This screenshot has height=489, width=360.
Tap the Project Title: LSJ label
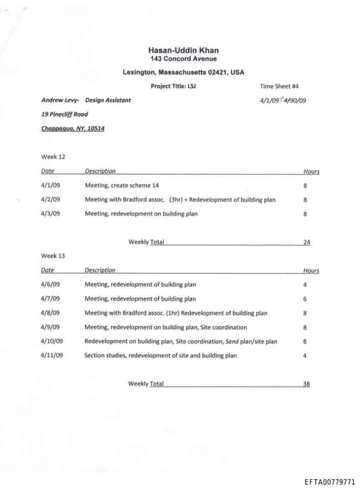click(x=173, y=86)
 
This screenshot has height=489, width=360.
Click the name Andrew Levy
click(x=59, y=100)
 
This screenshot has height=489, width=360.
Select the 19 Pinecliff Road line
click(x=65, y=114)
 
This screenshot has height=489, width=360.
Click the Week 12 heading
click(x=53, y=157)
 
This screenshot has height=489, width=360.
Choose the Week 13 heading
click(x=53, y=256)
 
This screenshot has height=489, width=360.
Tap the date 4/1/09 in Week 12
click(x=50, y=185)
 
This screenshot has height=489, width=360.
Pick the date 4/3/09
click(x=50, y=214)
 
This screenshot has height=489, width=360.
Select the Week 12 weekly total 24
click(x=307, y=242)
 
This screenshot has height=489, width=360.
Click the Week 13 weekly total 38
click(x=307, y=384)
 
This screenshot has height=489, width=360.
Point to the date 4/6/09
click(x=50, y=285)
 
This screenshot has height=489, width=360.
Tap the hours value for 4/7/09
click(x=305, y=299)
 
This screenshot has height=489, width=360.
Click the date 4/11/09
click(x=51, y=356)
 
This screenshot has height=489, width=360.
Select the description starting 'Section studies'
click(x=160, y=356)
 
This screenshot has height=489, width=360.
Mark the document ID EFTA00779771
click(x=330, y=482)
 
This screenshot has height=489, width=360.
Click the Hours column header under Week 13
click(x=311, y=270)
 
